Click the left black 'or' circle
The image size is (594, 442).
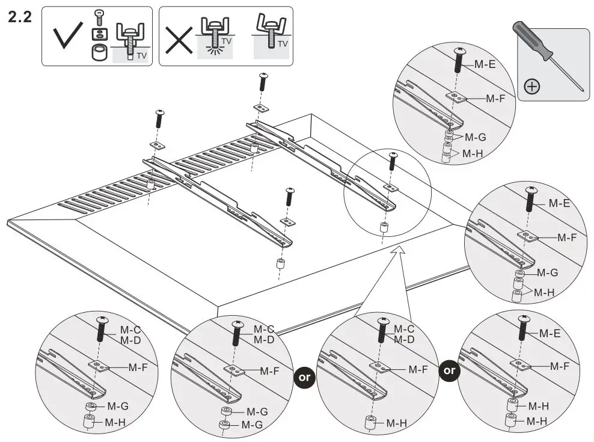pyautogui.click(x=304, y=377)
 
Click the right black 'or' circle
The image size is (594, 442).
pyautogui.click(x=449, y=371)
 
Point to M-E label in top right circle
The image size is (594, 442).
pyautogui.click(x=485, y=65)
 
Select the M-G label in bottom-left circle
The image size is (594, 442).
pyautogui.click(x=117, y=407)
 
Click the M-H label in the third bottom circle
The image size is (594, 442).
pyautogui.click(x=397, y=423)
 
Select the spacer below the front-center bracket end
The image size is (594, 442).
pyautogui.click(x=280, y=263)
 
